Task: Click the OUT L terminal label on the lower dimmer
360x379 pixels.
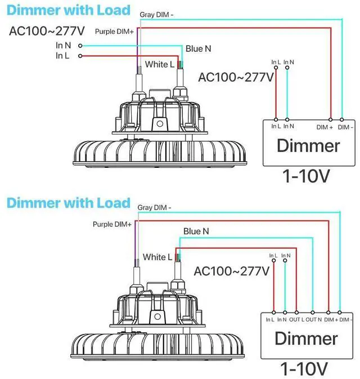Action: coord(297,319)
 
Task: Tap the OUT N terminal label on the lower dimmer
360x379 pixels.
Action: coord(314,319)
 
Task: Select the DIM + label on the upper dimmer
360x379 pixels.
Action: coord(325,127)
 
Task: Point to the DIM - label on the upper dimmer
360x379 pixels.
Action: coord(345,127)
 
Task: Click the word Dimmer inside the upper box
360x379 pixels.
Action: coord(308,145)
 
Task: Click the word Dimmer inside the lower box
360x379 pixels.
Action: coord(306,338)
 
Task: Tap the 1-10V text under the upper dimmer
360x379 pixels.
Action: coord(306,176)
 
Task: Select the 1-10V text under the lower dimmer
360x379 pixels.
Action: coord(304,369)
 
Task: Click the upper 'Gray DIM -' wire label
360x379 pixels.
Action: coord(156,15)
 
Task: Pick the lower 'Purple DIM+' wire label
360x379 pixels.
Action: coord(112,224)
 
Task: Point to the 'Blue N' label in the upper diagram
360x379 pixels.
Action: coord(198,48)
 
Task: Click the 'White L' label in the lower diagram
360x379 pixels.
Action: coord(157,257)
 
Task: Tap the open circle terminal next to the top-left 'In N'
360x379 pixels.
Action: coord(80,46)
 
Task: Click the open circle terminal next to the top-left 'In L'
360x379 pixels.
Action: coord(80,56)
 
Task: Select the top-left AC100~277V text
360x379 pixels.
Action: coord(47,31)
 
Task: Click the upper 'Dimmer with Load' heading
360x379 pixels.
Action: coord(69,10)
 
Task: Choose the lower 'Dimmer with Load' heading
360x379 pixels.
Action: coord(69,203)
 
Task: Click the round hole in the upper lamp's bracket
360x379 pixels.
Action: coord(160,124)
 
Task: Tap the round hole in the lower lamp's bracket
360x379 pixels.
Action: coord(157,316)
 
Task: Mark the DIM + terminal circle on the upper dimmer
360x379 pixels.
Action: coord(331,119)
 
